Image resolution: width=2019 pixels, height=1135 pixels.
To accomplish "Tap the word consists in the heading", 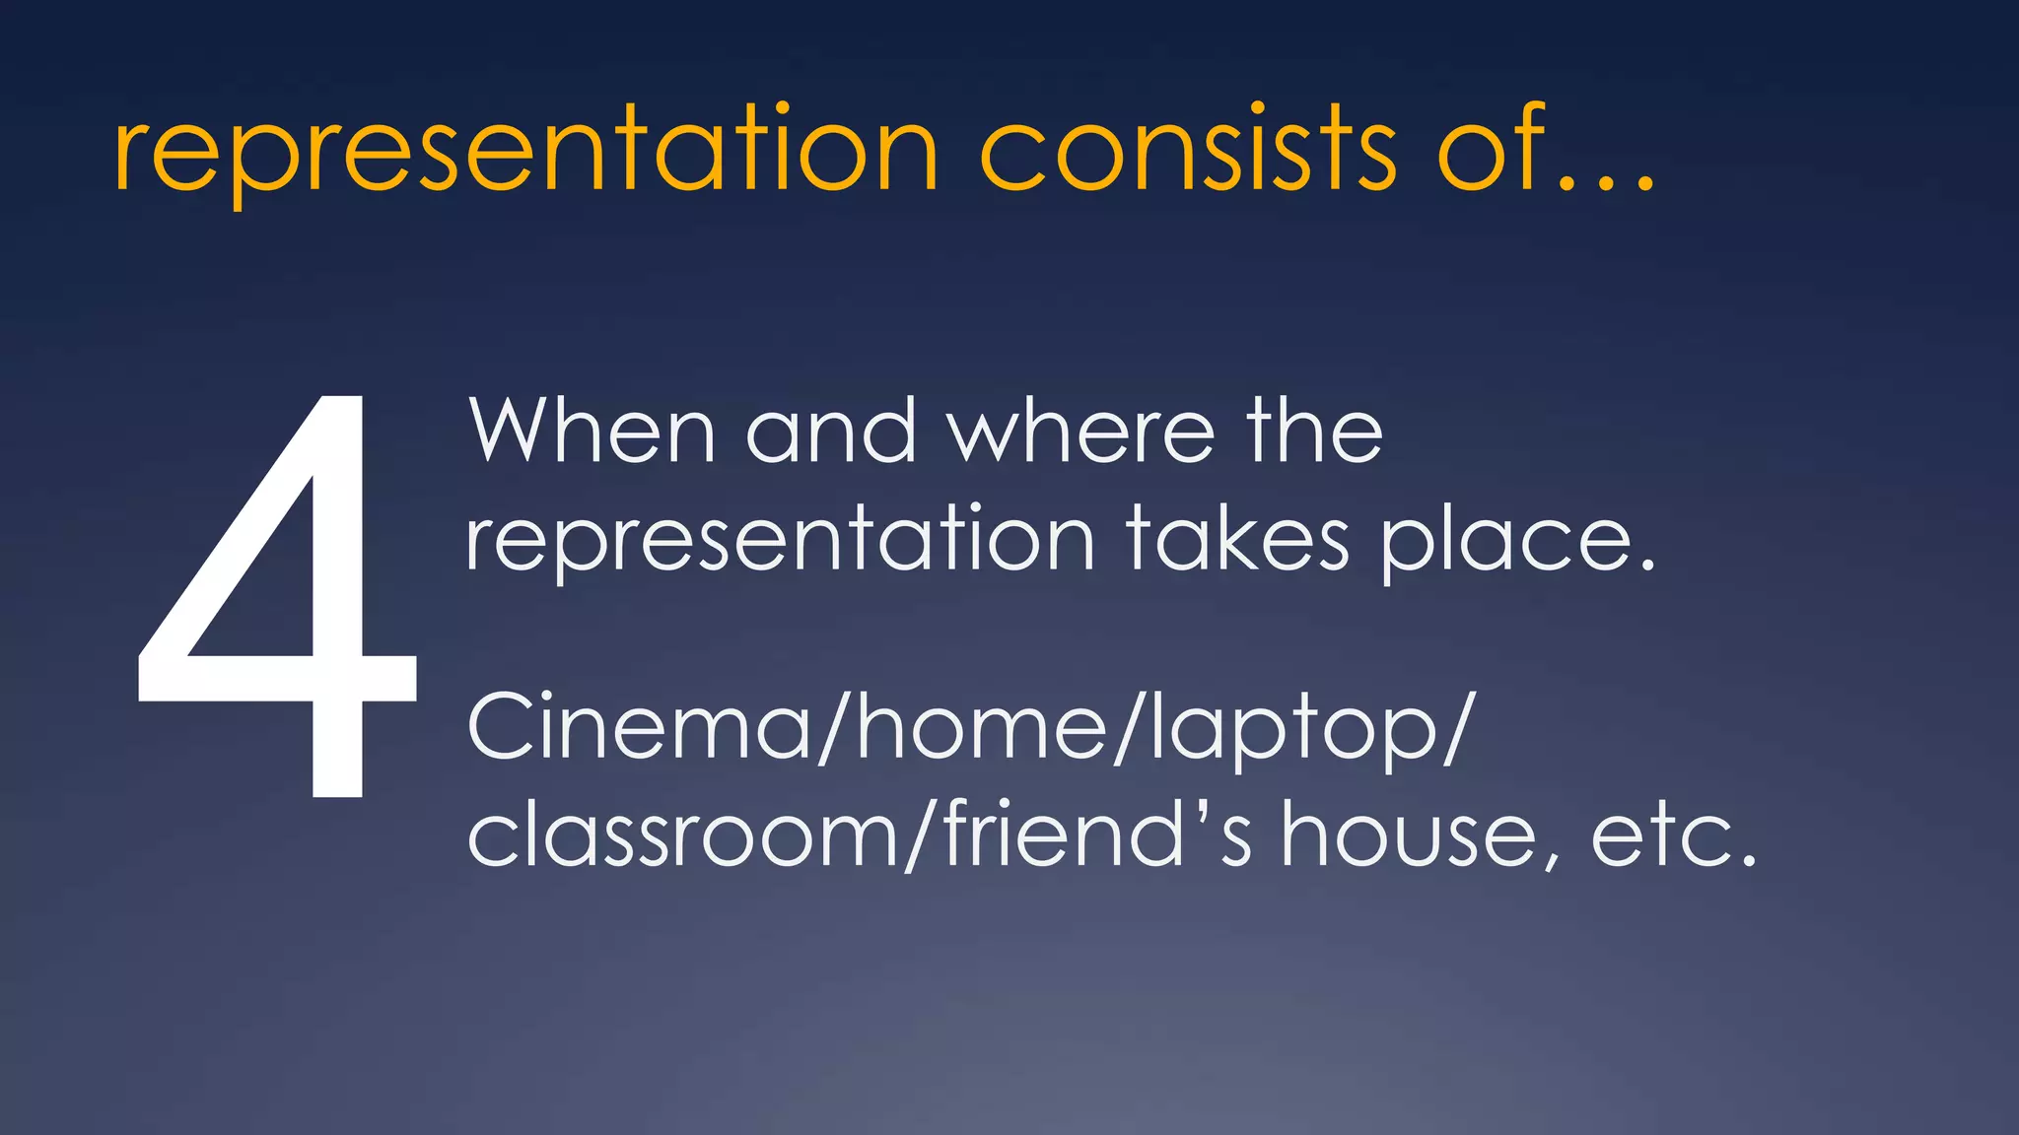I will [x=1188, y=151].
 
